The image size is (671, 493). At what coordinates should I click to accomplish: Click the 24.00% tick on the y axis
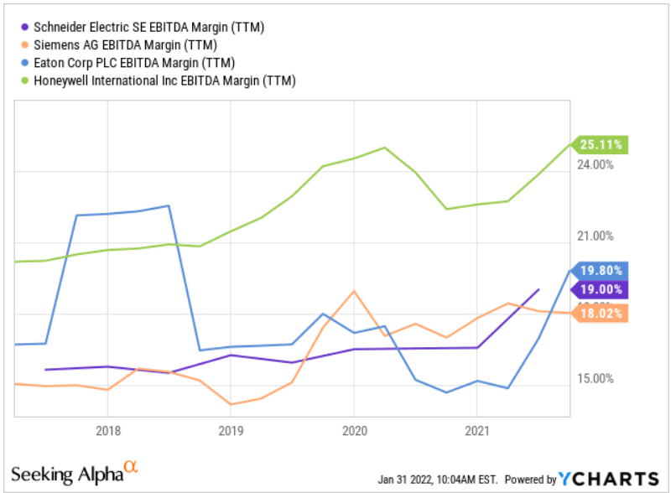595,165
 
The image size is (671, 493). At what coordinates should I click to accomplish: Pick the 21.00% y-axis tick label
595,236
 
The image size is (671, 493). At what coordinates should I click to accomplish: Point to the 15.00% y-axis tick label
595,379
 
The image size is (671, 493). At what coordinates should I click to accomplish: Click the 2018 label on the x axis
107,429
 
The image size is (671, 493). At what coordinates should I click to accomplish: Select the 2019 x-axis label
231,429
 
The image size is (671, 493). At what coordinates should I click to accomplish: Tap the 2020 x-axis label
353,429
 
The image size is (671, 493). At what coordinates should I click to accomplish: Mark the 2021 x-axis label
476,429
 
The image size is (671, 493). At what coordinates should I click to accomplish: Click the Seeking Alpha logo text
74,472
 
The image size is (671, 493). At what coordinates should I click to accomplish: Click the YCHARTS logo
609,478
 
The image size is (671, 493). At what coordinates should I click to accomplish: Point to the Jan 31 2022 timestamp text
437,479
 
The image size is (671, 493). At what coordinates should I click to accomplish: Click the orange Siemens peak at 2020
354,291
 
